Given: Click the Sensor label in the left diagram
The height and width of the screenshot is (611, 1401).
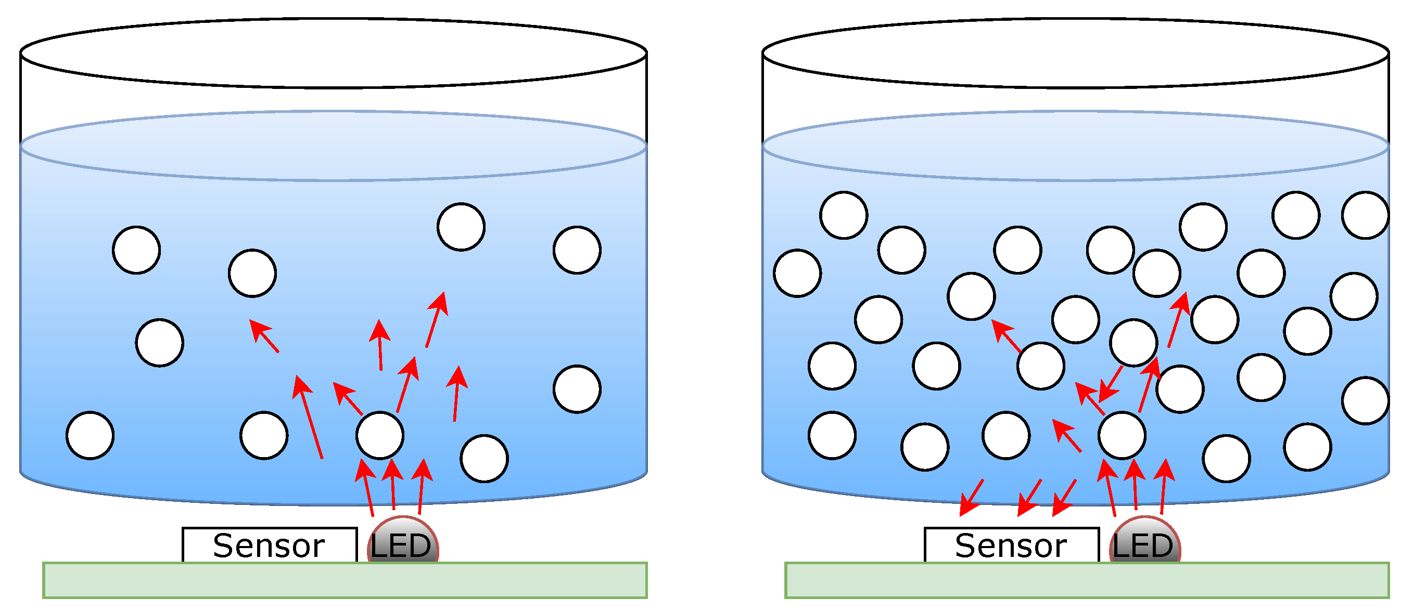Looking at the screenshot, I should click(x=269, y=545).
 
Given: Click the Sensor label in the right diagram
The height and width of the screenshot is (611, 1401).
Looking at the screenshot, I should click(x=1011, y=545).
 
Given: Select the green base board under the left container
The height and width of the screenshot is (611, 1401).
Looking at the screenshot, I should click(x=345, y=580).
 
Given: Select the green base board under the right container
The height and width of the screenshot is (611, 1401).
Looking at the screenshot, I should click(x=1086, y=580).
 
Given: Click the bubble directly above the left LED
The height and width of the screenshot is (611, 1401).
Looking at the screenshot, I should click(x=379, y=435).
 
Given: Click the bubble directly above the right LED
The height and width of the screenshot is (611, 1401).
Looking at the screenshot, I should click(x=1122, y=435).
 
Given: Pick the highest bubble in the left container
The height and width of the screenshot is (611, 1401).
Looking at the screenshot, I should click(x=461, y=227).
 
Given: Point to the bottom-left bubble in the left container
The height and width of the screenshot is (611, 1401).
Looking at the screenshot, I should click(x=90, y=435).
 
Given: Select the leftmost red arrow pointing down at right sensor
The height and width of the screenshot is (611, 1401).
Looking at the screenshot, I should click(x=971, y=498).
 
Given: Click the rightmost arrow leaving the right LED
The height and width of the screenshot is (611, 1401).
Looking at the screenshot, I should click(x=1163, y=487).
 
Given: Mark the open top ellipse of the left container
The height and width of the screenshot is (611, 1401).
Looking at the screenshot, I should click(x=333, y=53).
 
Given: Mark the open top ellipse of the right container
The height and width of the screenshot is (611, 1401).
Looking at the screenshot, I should click(x=1075, y=53).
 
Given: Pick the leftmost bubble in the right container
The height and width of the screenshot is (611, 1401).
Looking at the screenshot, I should click(x=797, y=273).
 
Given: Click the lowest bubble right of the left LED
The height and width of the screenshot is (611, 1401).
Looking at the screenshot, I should click(x=483, y=458).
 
